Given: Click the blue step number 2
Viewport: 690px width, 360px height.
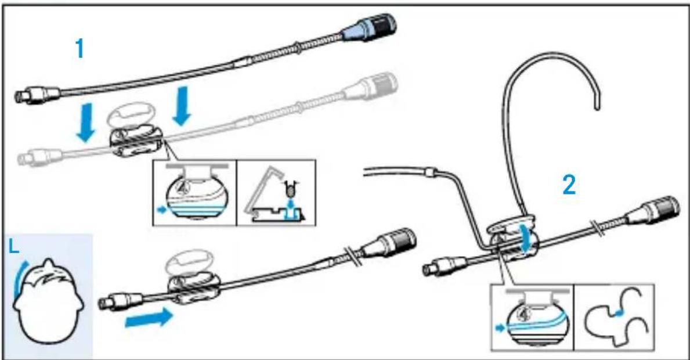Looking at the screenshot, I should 570,185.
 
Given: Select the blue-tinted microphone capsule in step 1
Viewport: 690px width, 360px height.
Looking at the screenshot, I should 371,27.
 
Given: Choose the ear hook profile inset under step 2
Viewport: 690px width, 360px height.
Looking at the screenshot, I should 613,317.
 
